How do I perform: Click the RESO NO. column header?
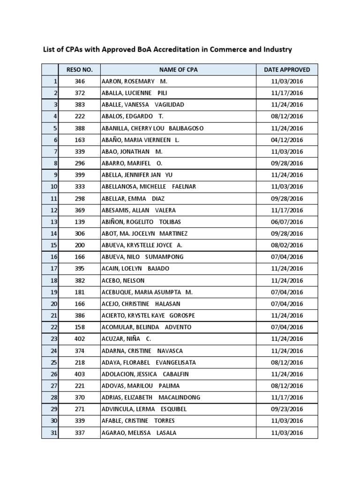[80, 70]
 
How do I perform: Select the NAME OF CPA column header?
[178, 70]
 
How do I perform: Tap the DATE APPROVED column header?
[287, 70]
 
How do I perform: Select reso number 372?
[80, 93]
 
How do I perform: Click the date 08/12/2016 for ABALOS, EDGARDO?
[287, 117]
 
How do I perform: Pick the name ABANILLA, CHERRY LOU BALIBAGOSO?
[152, 128]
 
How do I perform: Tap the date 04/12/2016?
[287, 140]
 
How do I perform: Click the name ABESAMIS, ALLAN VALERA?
[138, 210]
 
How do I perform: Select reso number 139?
[80, 222]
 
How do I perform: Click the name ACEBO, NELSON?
[123, 281]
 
